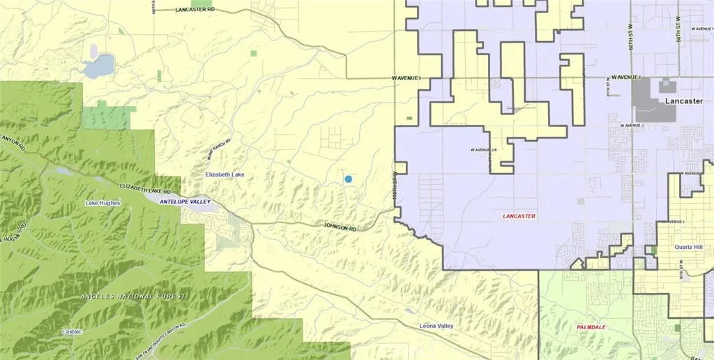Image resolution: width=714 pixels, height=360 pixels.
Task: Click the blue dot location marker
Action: point(348,179)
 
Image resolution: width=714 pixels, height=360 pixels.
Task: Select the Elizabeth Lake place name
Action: point(223,174)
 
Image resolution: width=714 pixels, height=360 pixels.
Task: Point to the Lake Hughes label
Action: point(102,203)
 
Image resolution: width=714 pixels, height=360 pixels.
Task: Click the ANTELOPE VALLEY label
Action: point(185,202)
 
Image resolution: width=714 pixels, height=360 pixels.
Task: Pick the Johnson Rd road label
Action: point(340,227)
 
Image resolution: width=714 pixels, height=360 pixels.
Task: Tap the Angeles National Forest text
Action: point(133,297)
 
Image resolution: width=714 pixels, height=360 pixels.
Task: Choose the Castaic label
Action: point(72,331)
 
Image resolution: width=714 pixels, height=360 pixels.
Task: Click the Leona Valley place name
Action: point(437,326)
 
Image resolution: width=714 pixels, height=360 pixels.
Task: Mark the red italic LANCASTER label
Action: point(519,216)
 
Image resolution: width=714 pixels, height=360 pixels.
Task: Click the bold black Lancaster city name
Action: point(683,101)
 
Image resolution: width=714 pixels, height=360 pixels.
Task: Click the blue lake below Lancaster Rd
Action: point(98,67)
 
